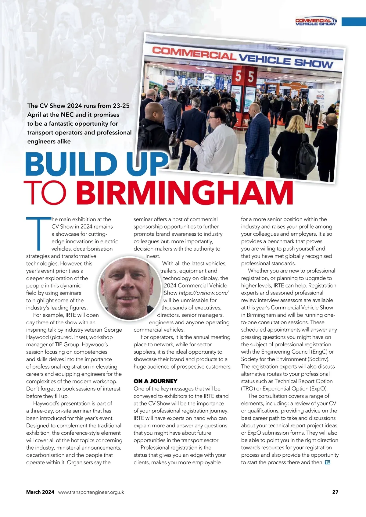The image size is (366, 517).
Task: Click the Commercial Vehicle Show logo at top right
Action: click(x=316, y=22)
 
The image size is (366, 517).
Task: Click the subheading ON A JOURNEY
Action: click(x=155, y=381)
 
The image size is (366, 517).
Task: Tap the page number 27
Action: click(x=335, y=492)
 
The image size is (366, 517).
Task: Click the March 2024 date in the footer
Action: click(x=40, y=492)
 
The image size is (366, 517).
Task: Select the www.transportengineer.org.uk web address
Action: click(x=91, y=492)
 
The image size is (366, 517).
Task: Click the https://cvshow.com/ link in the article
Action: click(x=203, y=293)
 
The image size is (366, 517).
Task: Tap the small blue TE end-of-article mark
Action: click(x=328, y=462)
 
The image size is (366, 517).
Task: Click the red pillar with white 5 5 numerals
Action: click(x=244, y=91)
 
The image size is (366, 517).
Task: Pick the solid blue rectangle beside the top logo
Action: click(x=353, y=22)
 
